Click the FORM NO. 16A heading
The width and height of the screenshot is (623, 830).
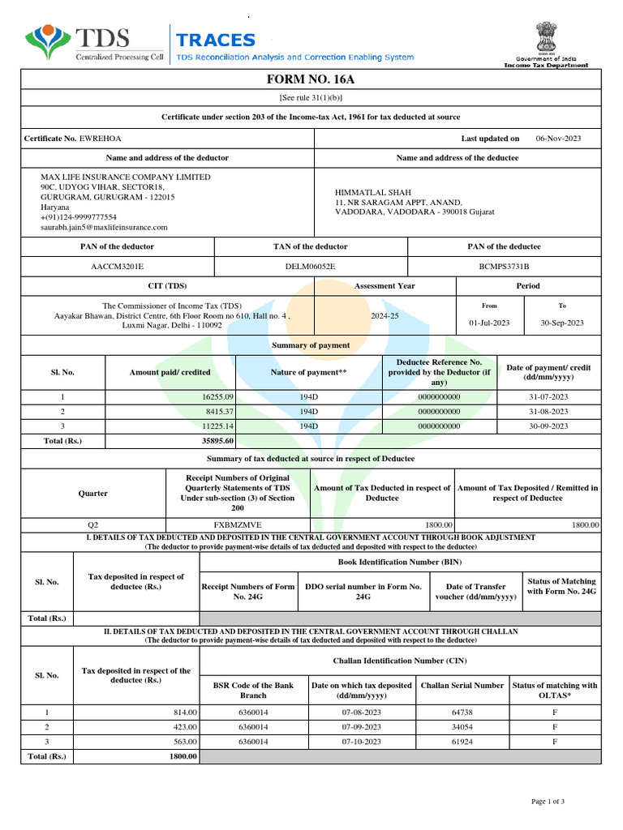click(311, 79)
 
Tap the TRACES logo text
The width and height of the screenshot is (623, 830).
click(216, 41)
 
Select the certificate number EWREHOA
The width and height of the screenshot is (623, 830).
click(100, 139)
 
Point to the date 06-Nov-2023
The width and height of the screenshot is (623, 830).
click(558, 139)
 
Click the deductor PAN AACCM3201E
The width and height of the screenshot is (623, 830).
click(118, 266)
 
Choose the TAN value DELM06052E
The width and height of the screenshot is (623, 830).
click(310, 266)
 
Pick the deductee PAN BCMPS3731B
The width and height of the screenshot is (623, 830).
click(504, 266)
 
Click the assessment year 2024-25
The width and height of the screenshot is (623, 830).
click(385, 316)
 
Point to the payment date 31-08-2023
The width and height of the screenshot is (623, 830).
click(548, 412)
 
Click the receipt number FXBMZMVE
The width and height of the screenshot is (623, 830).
click(238, 525)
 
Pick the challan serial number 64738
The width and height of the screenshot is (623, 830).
click(462, 712)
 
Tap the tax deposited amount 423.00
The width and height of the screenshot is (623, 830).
click(185, 727)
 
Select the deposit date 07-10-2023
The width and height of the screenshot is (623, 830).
click(361, 742)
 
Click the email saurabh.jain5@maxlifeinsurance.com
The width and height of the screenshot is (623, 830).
click(104, 228)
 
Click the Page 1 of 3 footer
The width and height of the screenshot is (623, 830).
click(548, 802)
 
